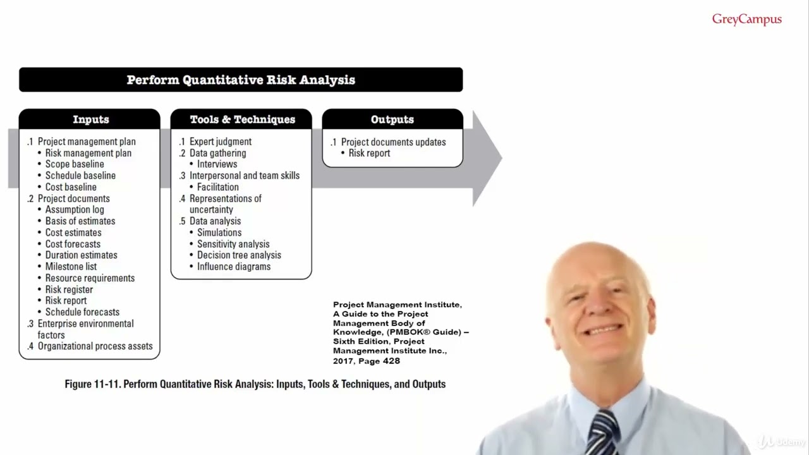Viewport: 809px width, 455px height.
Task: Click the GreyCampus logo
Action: click(746, 20)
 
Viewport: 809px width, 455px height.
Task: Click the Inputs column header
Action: click(90, 119)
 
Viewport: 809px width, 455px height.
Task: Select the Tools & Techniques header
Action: click(242, 119)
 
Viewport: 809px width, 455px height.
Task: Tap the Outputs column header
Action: click(392, 119)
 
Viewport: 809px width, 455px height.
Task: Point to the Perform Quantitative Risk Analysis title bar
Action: click(241, 80)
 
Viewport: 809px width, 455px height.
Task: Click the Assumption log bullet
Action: click(75, 210)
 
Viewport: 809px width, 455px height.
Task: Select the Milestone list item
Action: click(71, 267)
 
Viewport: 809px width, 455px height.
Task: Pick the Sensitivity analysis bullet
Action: click(233, 244)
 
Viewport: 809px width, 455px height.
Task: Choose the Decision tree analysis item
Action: click(239, 255)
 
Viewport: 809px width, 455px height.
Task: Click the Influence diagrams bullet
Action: click(233, 267)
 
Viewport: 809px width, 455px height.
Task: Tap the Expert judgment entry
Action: click(220, 142)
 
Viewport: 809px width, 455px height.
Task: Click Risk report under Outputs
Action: click(369, 153)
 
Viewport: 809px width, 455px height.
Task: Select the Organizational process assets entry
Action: click(95, 346)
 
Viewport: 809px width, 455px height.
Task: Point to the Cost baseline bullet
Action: click(71, 187)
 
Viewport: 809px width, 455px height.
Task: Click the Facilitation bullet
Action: click(217, 187)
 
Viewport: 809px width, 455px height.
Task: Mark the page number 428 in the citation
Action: click(391, 361)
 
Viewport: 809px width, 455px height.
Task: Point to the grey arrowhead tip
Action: click(500, 158)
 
